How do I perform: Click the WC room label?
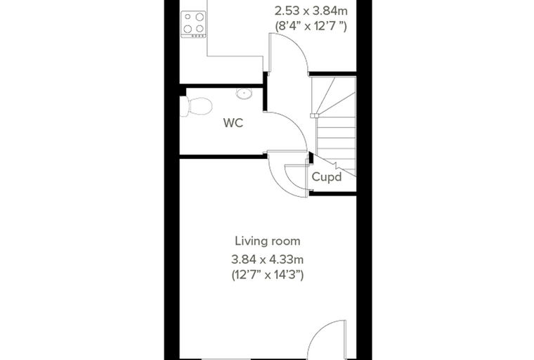click(233, 123)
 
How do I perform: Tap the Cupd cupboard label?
click(327, 177)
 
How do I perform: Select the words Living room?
click(268, 241)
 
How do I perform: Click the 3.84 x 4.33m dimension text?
click(267, 259)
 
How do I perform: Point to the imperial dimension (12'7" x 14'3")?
click(268, 274)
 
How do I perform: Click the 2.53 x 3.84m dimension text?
click(311, 11)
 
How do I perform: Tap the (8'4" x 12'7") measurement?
click(311, 26)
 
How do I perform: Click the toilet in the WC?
click(195, 106)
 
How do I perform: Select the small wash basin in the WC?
click(244, 94)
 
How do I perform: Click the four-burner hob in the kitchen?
click(193, 25)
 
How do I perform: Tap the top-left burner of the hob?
click(188, 16)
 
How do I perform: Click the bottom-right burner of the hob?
click(200, 29)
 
